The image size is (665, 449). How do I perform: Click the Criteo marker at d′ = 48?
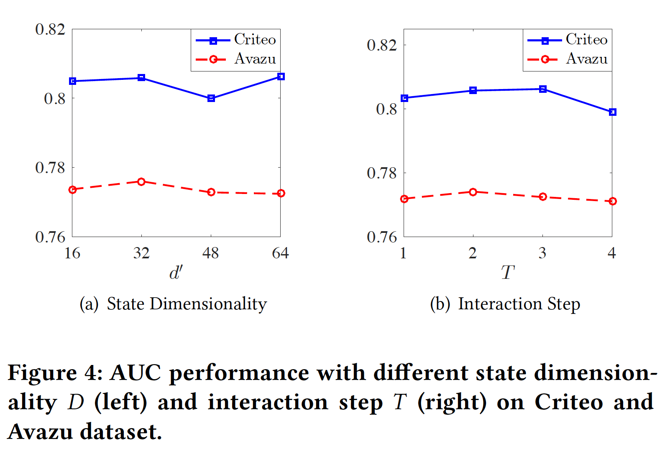(211, 98)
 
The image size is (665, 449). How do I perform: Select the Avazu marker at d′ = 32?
(141, 182)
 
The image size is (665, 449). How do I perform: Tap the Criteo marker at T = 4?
(613, 112)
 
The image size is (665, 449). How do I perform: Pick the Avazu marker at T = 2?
(473, 192)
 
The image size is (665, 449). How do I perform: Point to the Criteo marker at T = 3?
(543, 89)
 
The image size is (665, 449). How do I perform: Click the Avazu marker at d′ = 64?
(281, 193)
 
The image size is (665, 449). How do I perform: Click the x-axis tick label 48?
(210, 253)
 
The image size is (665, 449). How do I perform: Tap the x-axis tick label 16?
(72, 253)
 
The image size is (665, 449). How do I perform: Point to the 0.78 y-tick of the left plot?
(50, 168)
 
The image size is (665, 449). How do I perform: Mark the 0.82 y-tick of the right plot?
(382, 45)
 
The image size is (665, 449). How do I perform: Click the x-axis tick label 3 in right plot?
(542, 253)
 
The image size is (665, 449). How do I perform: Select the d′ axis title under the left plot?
(176, 273)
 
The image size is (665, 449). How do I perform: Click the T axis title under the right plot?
(507, 273)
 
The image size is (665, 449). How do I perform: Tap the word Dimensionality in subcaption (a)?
(208, 304)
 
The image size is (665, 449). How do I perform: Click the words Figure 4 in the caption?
(54, 372)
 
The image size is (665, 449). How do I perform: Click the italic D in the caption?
(76, 402)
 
